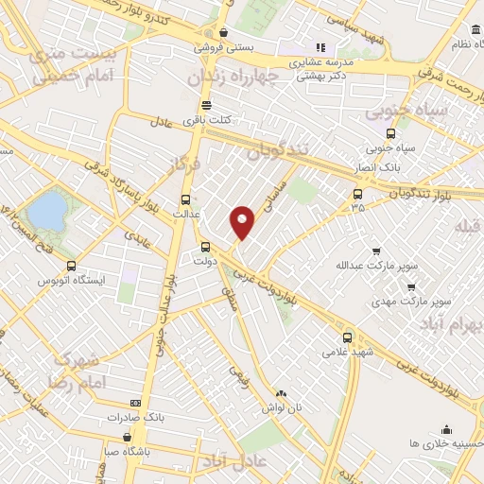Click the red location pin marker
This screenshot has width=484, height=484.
click(x=243, y=221)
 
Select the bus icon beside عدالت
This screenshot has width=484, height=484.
click(x=185, y=199)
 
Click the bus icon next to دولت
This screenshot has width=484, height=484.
click(x=206, y=247)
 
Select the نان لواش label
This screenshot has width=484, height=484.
click(x=282, y=406)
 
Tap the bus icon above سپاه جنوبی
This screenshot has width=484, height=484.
click(x=391, y=133)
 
